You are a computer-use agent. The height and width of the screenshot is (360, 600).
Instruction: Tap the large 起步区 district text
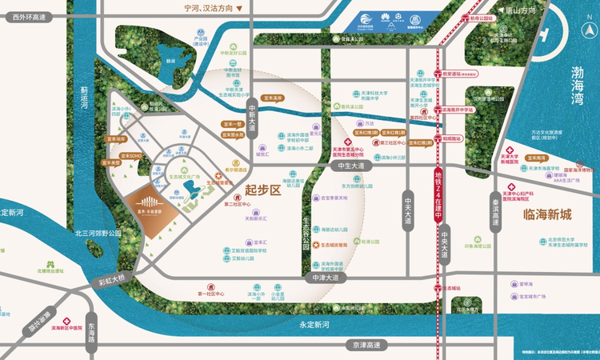(x=263, y=190)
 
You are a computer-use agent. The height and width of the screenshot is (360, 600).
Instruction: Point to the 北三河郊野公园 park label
(x=98, y=233)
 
